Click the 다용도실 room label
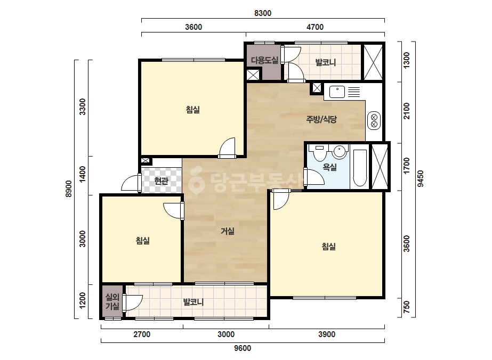264,60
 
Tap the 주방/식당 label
321,119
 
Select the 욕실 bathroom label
330,167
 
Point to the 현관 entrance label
162,181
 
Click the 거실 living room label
228,231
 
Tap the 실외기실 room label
112,301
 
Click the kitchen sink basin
337,92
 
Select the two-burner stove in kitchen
374,121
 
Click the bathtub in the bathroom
360,168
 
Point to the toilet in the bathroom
320,151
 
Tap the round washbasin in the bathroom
340,151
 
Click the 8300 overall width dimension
263,13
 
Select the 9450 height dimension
421,178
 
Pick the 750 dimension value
406,307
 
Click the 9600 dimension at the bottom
243,348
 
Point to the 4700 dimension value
315,27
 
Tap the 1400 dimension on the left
82,174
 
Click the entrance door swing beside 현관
130,183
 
